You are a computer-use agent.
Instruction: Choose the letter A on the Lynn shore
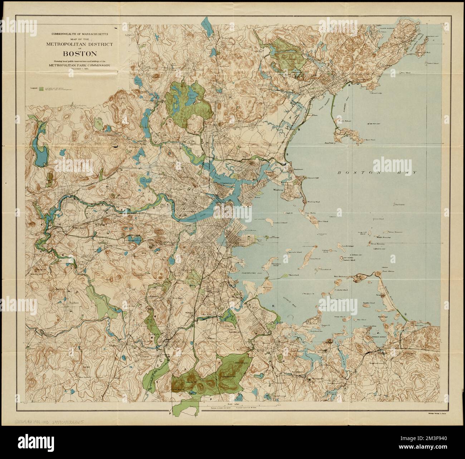coord(349,84)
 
